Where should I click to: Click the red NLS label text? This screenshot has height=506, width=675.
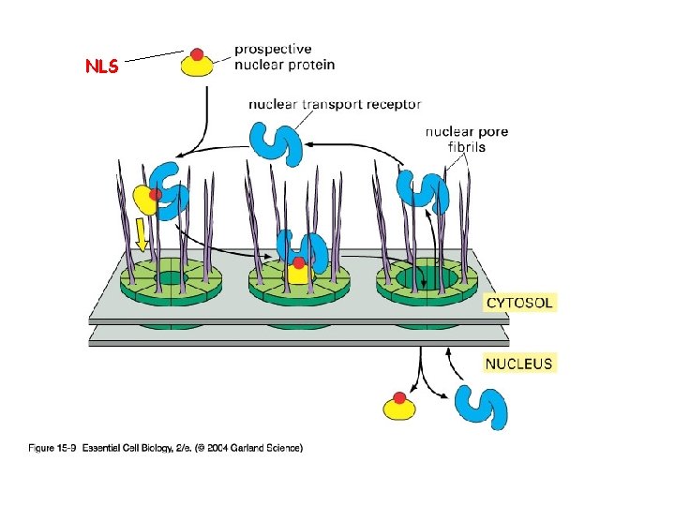101,67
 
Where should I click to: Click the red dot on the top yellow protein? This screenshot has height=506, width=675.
197,54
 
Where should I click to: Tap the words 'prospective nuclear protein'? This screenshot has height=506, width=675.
284,56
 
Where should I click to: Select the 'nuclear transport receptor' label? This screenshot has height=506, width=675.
334,105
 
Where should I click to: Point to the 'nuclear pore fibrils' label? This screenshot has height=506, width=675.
467,139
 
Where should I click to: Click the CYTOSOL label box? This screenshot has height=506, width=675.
519,303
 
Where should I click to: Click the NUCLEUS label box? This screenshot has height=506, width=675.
518,363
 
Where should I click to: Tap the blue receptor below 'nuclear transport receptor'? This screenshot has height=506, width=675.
277,141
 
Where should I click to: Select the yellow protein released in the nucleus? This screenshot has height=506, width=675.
400,408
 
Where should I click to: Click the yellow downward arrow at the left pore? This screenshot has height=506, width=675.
142,234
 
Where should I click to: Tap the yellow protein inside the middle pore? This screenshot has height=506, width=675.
298,273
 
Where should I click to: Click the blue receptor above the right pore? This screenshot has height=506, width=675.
423,190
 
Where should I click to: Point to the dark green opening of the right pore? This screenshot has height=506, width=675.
427,277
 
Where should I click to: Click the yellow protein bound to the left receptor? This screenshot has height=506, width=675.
145,200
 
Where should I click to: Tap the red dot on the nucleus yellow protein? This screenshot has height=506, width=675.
400,398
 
